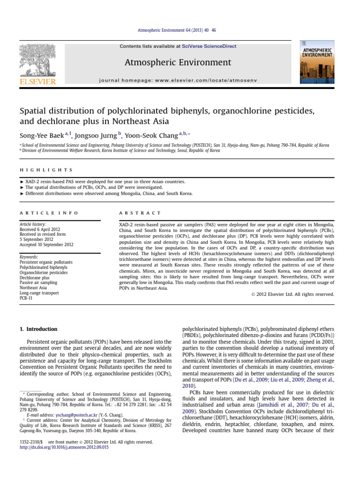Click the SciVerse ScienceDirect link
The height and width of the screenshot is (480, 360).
pos(210,46)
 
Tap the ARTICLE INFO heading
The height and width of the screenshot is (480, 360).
pos(49,213)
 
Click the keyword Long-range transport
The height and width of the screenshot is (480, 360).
pos(39,292)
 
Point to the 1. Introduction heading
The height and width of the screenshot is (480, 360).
pos(38,329)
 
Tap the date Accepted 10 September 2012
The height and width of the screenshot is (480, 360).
pos(46,244)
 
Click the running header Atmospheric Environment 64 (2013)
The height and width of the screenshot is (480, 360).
pos(180,30)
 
